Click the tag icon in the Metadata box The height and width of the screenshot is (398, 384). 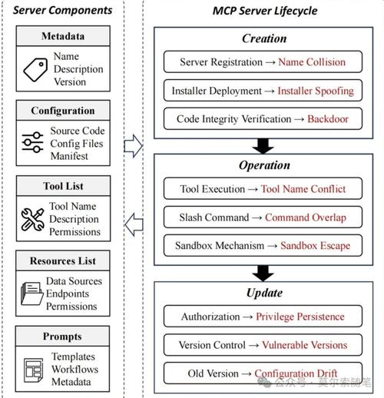pos(35,70)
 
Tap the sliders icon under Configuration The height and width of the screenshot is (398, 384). pos(32,142)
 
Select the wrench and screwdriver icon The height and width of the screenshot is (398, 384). pos(32,220)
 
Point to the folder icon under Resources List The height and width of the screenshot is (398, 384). pos(32,294)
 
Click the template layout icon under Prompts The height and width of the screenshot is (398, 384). pos(34,370)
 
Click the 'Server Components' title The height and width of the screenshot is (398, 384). pos(62,10)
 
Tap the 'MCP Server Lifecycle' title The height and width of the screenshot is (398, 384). pos(265,11)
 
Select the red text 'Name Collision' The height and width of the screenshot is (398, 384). pos(312,62)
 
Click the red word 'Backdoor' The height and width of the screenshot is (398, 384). pos(328,119)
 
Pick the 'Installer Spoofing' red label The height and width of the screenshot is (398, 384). pos(316,91)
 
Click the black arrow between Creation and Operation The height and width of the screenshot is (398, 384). pos(263,146)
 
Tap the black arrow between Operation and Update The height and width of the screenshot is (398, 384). pos(263,274)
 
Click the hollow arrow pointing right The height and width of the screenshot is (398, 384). pos(134,146)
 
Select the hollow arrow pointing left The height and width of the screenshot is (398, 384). pos(134,224)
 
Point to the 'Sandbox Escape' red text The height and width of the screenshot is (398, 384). pos(316,246)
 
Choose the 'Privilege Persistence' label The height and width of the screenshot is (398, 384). pos(300,317)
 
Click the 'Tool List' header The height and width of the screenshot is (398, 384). pos(63,186)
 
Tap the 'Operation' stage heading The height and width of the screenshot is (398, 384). pos(264,165)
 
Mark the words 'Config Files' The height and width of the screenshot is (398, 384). pos(77,144)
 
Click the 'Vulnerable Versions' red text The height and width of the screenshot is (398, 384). pos(305,345)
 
